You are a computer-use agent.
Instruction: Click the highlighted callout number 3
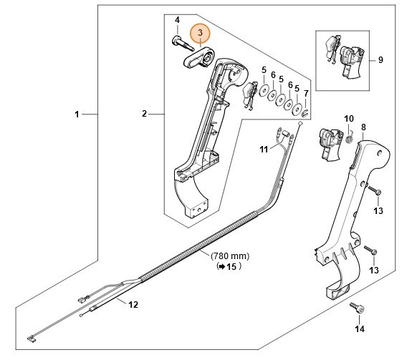(200, 33)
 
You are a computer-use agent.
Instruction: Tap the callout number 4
(178, 18)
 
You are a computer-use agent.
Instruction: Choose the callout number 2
(144, 114)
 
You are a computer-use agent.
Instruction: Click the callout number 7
(306, 93)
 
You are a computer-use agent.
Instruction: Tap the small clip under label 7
(304, 112)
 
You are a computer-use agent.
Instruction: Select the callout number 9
(380, 60)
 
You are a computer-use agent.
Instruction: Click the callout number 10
(349, 118)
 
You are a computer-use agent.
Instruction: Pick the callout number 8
(363, 127)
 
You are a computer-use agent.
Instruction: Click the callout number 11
(263, 149)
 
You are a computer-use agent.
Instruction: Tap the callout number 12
(132, 304)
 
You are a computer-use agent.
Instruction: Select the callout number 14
(359, 329)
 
